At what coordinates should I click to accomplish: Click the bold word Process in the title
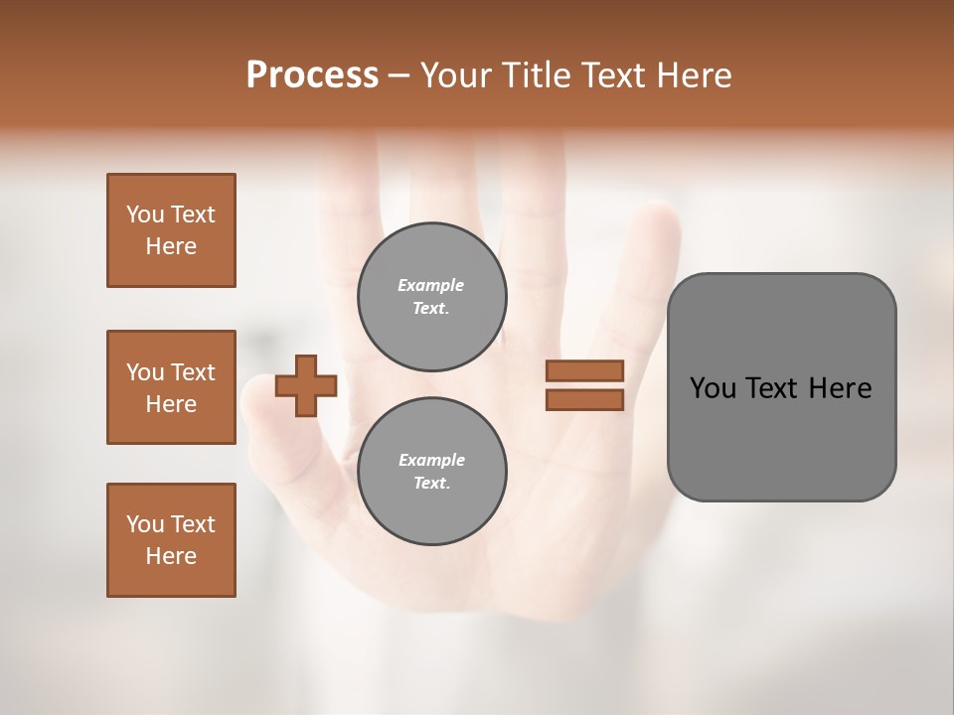coord(312,75)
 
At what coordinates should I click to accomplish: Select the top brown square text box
coord(171,230)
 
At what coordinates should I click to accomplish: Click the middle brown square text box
coord(171,387)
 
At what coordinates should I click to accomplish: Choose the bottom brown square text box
coord(171,540)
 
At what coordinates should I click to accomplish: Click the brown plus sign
coord(306,385)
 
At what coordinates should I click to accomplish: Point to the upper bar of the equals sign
coord(585,371)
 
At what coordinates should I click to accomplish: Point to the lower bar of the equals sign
coord(585,400)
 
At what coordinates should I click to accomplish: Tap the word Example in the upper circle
coord(431,285)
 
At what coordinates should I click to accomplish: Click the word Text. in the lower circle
coord(431,483)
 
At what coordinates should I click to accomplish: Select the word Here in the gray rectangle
coord(840,388)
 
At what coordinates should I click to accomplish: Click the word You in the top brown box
coord(145,214)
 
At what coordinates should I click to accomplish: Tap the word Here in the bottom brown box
coord(171,556)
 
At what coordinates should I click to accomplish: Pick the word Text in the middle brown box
coord(192,372)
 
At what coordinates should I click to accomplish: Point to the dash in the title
coord(399,75)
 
